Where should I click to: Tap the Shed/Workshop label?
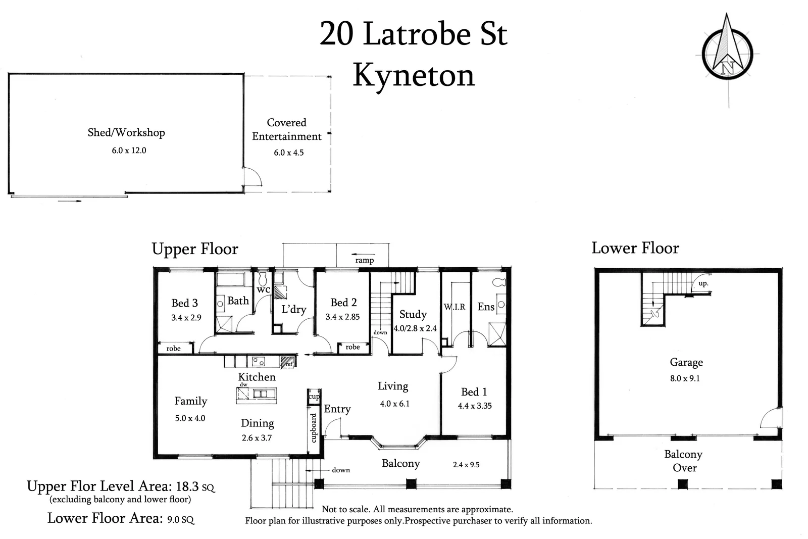pyautogui.click(x=126, y=132)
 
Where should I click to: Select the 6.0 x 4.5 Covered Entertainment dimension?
pyautogui.click(x=289, y=153)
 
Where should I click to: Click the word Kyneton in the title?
pyautogui.click(x=414, y=76)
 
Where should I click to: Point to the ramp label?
pyautogui.click(x=364, y=260)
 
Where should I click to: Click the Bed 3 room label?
pyautogui.click(x=184, y=303)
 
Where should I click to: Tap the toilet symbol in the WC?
pyautogui.click(x=263, y=278)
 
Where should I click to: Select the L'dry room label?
pyautogui.click(x=294, y=309)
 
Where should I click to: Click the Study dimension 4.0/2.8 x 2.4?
pyautogui.click(x=415, y=328)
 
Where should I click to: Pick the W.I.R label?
pyautogui.click(x=454, y=307)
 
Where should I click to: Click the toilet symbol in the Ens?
pyautogui.click(x=498, y=282)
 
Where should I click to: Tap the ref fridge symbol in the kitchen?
pyautogui.click(x=288, y=362)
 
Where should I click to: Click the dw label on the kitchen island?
pyautogui.click(x=243, y=385)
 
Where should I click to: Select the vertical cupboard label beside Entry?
pyautogui.click(x=313, y=428)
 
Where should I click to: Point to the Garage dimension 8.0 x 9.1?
pyautogui.click(x=685, y=378)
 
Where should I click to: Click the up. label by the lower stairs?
pyautogui.click(x=703, y=283)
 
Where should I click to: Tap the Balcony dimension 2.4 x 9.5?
pyautogui.click(x=466, y=464)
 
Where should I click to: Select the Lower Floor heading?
pyautogui.click(x=635, y=248)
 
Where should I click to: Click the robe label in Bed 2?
pyautogui.click(x=352, y=347)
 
